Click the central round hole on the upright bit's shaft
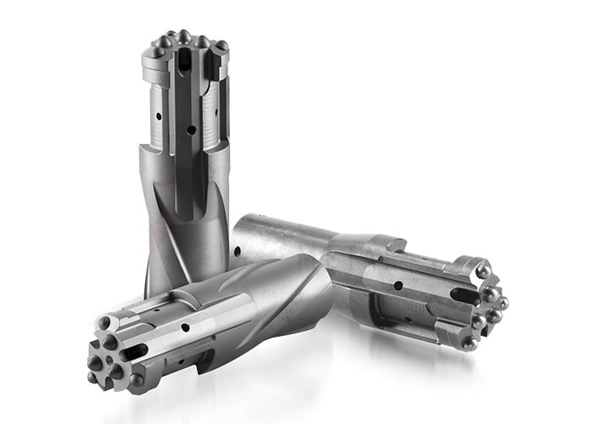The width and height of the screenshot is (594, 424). (193, 130)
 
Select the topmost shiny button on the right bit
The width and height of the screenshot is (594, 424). (480, 271)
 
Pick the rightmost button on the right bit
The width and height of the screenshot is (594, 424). (503, 302)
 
